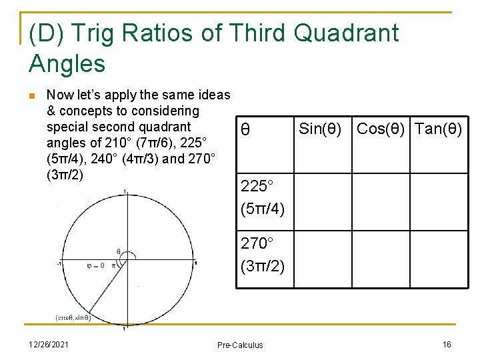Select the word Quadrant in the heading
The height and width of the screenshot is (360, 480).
pos(347,32)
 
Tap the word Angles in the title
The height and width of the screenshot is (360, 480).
pos(67,63)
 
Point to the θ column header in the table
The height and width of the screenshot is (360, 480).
pos(245,129)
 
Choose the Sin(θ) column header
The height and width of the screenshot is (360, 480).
pos(321,129)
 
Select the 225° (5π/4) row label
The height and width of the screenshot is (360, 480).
pos(263,197)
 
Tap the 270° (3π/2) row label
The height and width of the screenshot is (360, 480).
pos(263,255)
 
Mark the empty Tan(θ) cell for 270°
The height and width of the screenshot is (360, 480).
pos(437,259)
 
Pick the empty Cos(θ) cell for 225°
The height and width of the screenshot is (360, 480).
pos(381,201)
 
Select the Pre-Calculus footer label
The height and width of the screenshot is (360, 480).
pos(240,345)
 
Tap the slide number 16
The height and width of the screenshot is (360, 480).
pos(447,344)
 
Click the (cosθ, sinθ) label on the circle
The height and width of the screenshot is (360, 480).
pos(73,317)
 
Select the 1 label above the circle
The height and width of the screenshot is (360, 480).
pos(125,191)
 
